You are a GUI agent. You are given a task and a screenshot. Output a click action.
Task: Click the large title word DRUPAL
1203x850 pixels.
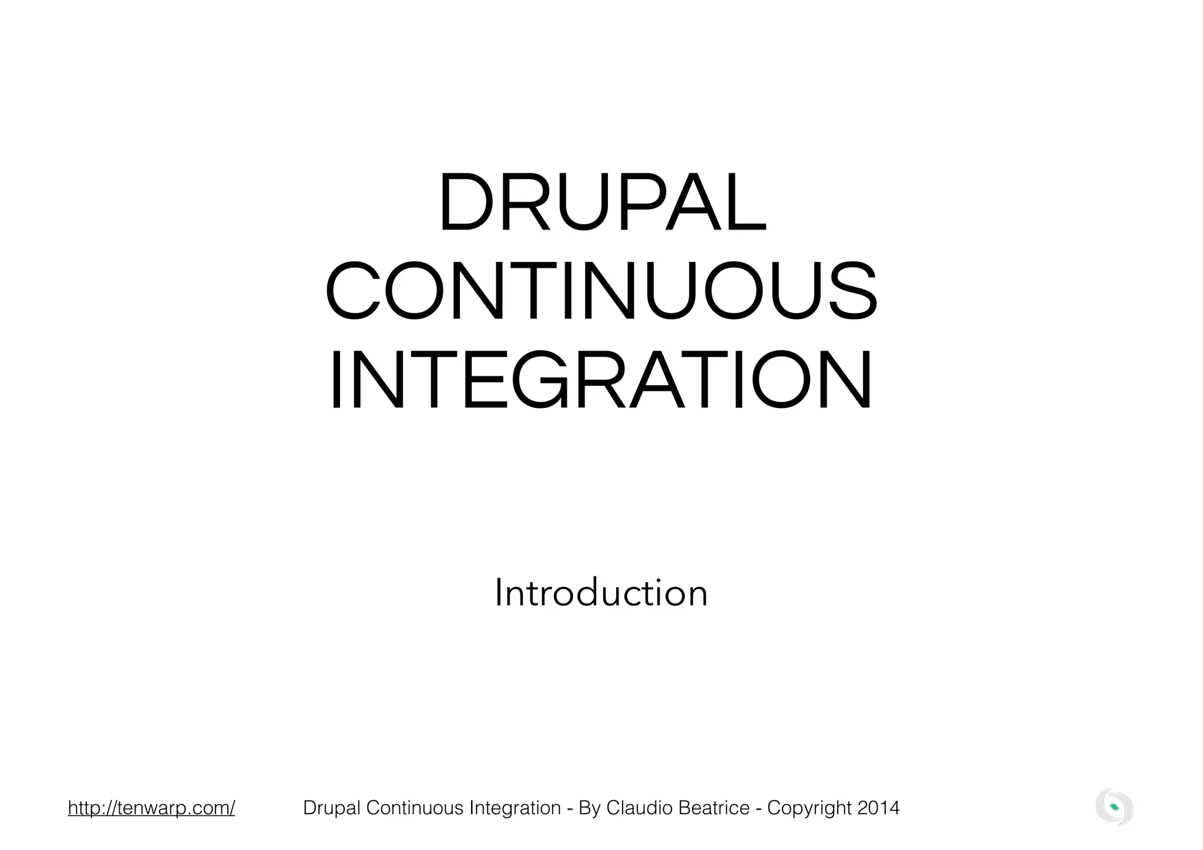[601, 202]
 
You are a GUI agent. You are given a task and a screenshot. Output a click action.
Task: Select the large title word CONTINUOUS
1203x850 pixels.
[601, 291]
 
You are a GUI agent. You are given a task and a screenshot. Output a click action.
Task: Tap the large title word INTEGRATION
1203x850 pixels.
[601, 380]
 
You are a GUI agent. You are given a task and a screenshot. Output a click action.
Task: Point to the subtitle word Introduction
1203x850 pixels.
[601, 593]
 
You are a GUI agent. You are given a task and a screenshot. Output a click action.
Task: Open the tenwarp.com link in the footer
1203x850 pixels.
[152, 808]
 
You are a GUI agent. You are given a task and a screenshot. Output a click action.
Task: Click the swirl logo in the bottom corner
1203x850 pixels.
[1114, 807]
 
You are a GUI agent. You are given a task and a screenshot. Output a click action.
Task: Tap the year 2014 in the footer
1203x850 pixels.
[878, 808]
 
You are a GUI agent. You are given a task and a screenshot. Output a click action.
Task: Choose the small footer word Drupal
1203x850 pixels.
[332, 808]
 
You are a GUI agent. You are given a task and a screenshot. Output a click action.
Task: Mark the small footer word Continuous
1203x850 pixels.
[415, 808]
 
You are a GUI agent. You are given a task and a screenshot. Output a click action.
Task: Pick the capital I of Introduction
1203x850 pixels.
[499, 593]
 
